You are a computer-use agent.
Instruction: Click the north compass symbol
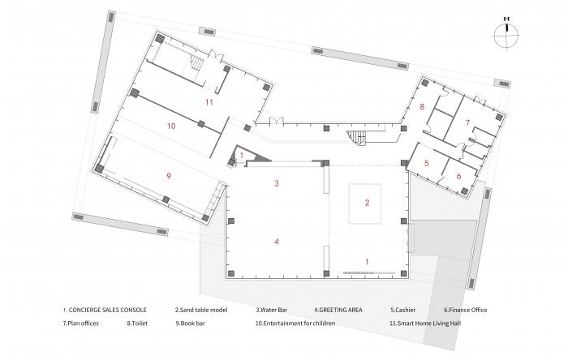point(506,34)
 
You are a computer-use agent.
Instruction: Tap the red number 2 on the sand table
point(367,203)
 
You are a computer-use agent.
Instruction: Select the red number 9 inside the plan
point(169,176)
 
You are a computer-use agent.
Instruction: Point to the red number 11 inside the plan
point(209,102)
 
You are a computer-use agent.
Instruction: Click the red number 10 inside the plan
point(171,126)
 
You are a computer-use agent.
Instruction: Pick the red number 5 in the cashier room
point(426,163)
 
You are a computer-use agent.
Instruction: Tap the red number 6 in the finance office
point(458,176)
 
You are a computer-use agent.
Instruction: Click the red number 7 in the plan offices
point(467,122)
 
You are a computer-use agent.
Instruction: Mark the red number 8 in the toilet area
point(422,107)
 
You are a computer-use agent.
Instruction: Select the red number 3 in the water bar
point(277,183)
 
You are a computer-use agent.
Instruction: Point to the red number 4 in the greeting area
point(277,242)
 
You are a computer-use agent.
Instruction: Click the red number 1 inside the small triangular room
point(242,155)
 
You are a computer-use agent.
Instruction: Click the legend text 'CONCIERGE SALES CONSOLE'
point(108,310)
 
